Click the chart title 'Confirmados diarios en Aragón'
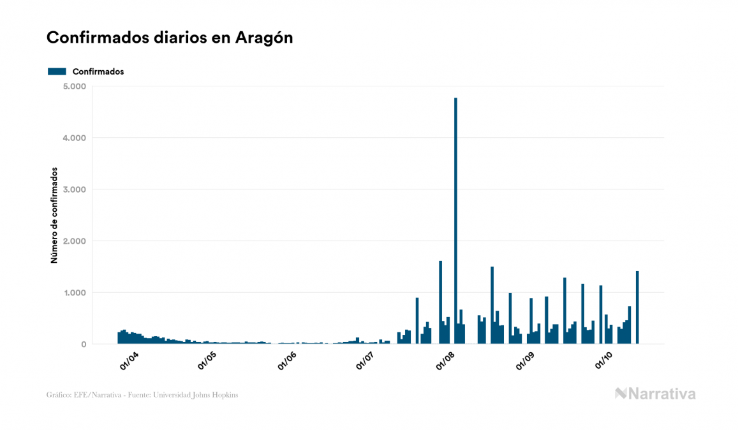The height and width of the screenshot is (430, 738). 170,38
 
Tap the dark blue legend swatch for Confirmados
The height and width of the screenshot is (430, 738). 57,71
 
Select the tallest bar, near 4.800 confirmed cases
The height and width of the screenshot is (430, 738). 455,220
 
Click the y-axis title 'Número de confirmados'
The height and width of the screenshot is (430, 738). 55,216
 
